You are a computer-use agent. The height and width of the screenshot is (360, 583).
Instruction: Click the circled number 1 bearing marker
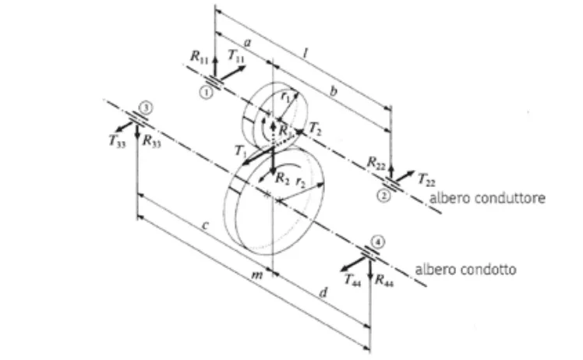[207, 92]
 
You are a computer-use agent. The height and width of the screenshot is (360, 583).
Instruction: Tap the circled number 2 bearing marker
[384, 196]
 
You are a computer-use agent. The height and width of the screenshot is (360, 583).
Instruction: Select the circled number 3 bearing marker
[146, 108]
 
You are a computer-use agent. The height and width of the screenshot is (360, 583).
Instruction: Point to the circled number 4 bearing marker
[378, 242]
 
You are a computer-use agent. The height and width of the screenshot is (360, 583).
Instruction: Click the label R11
[200, 57]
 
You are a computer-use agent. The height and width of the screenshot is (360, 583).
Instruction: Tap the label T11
[236, 56]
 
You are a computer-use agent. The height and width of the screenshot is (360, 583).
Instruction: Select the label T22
[426, 179]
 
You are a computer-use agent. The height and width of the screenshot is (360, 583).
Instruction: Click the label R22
[376, 163]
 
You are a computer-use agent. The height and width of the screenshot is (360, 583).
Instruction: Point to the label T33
[117, 141]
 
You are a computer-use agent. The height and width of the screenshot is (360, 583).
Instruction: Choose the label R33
[152, 141]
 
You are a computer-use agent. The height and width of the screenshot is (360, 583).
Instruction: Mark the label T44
[352, 280]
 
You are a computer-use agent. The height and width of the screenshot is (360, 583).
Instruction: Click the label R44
[384, 280]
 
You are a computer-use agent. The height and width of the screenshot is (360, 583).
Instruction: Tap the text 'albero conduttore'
[487, 198]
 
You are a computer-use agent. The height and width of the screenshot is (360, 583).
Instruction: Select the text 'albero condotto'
[465, 270]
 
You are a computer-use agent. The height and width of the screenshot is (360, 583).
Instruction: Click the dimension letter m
[257, 275]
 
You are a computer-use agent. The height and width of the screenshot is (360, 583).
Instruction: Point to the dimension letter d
[324, 293]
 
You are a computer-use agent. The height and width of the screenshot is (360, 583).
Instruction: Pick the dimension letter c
[205, 225]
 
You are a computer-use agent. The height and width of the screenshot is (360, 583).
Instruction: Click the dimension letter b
[333, 90]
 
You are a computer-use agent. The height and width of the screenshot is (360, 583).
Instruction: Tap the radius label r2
[300, 182]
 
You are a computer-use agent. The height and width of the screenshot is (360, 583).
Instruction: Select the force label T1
[241, 151]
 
